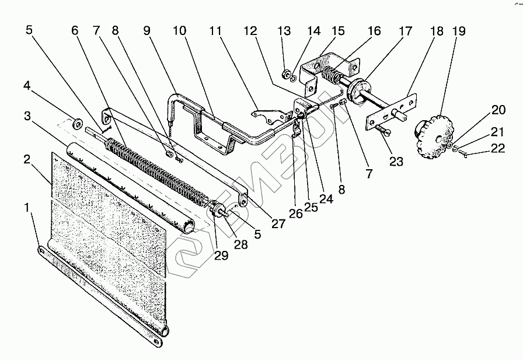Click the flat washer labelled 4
[x=76, y=124]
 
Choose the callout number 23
[x=396, y=162]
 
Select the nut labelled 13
[x=287, y=74]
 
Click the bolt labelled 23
[x=380, y=130]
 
